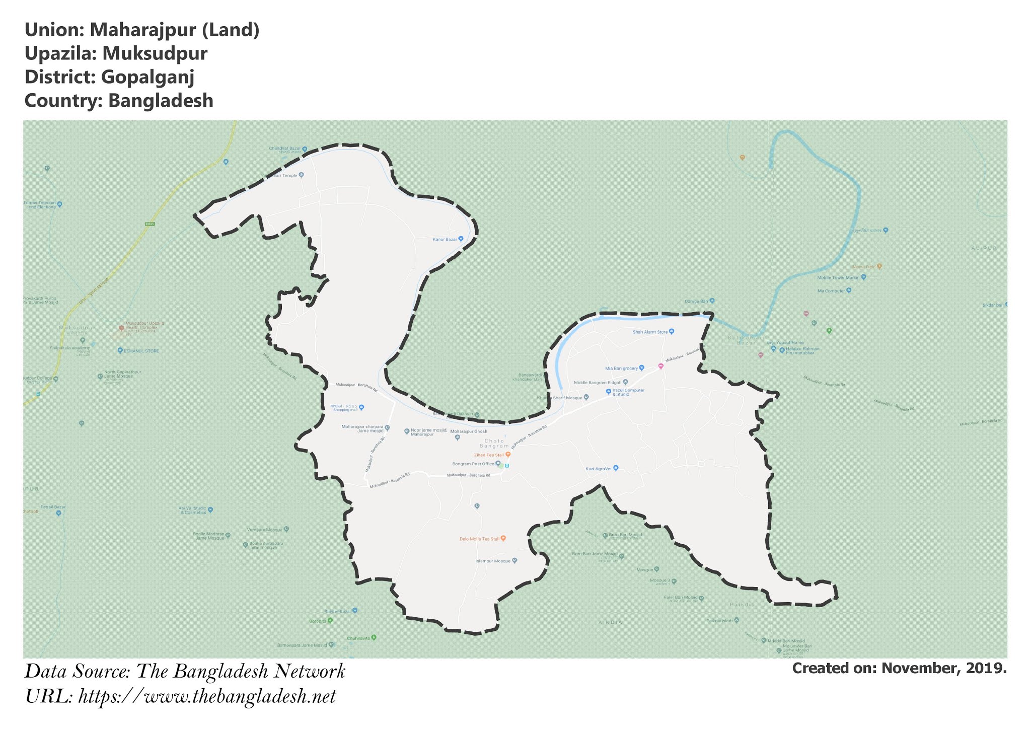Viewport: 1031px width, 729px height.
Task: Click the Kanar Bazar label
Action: point(445,239)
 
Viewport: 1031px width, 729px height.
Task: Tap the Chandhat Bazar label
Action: point(285,149)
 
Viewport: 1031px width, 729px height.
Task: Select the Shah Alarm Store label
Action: point(650,332)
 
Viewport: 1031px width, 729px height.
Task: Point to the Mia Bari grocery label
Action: point(621,369)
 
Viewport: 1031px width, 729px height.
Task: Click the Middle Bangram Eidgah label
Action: point(598,383)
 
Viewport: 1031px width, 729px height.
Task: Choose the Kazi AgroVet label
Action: point(599,469)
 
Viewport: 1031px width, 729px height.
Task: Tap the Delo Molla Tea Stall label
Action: point(480,539)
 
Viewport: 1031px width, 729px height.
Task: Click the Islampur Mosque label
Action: point(493,561)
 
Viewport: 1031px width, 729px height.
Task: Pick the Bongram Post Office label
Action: point(473,464)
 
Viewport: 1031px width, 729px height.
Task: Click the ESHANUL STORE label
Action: point(141,351)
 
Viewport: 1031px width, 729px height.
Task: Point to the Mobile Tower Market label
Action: point(838,277)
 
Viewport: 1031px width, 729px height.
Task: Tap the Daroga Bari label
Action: point(696,301)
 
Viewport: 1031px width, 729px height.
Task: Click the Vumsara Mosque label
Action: point(265,530)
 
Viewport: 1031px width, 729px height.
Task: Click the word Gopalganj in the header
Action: point(147,77)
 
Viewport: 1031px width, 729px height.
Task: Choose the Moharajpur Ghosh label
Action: point(468,431)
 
